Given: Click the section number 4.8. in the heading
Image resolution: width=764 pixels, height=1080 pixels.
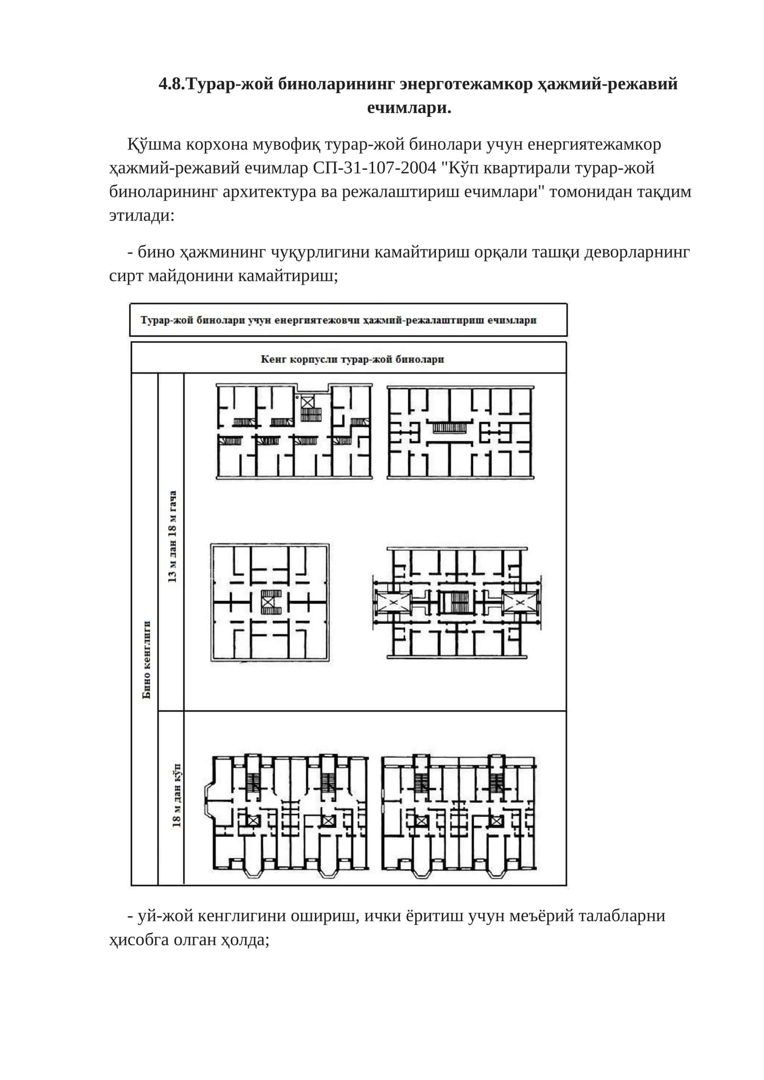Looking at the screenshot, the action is [x=171, y=84].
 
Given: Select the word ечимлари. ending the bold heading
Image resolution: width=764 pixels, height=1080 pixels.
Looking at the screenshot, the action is [x=409, y=108].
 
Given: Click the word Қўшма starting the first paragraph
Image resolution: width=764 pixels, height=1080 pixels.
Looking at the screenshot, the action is [x=154, y=144].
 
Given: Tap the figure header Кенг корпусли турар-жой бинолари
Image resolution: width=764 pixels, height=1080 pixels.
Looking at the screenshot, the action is [x=352, y=359].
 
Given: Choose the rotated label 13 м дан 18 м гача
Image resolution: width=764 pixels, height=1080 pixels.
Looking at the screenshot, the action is [x=172, y=536].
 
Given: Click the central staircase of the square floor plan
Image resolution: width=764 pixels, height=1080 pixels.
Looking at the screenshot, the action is [x=271, y=602].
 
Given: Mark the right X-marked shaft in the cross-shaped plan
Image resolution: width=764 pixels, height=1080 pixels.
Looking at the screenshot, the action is [x=520, y=604].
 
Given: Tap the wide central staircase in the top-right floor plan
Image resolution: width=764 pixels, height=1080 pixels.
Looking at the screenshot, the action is [x=449, y=427].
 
